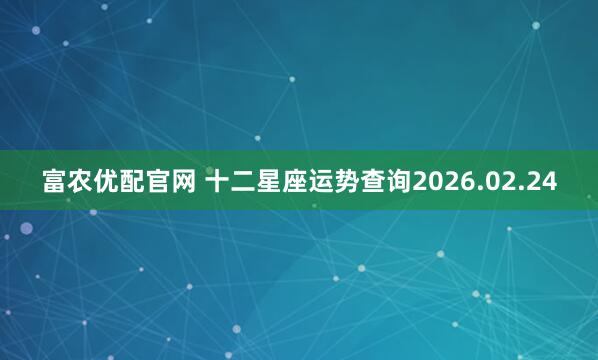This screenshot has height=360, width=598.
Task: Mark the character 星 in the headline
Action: click(x=271, y=182)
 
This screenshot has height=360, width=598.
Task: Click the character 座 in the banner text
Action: click(x=297, y=182)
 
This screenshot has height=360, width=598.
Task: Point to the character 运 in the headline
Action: click(x=323, y=182)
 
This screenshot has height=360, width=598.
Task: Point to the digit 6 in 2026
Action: click(x=465, y=182)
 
